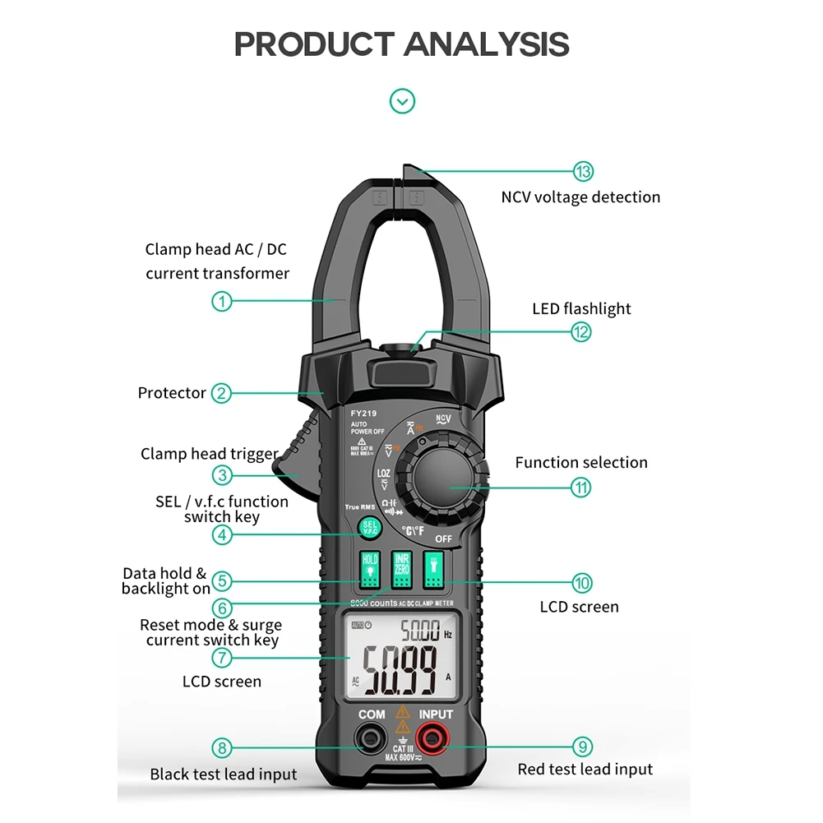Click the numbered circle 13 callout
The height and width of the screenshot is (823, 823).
[x=583, y=171]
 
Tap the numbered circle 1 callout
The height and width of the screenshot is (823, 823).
[x=221, y=301]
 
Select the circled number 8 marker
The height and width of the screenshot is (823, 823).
[x=221, y=748]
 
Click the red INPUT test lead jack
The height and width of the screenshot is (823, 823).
[x=432, y=736]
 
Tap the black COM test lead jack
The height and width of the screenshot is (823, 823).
[x=371, y=737]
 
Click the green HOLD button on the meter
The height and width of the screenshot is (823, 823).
[x=370, y=570]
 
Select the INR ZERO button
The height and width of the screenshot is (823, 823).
[x=401, y=570]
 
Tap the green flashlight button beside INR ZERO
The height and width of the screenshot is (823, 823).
[x=432, y=570]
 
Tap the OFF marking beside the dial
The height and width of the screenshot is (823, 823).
[x=445, y=539]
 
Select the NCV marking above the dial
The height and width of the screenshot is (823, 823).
[x=443, y=418]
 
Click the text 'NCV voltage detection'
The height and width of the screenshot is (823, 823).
[x=580, y=197]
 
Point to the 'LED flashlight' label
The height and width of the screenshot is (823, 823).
[x=581, y=309]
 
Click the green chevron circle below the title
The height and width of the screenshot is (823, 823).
[x=402, y=101]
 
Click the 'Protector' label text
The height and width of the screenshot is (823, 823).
[x=172, y=393]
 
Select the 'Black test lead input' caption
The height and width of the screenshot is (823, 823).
[x=224, y=774]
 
